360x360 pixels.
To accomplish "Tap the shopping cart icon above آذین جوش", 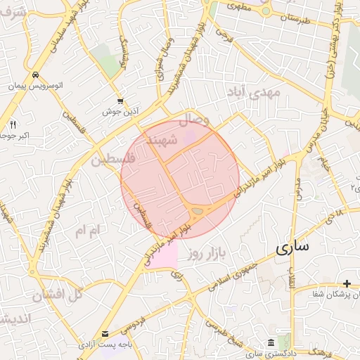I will [x=121, y=101].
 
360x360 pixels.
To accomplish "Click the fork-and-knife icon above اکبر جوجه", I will [x=13, y=124].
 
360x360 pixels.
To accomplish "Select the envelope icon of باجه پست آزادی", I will [x=105, y=333].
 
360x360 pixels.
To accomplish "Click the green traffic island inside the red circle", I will [x=198, y=210].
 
